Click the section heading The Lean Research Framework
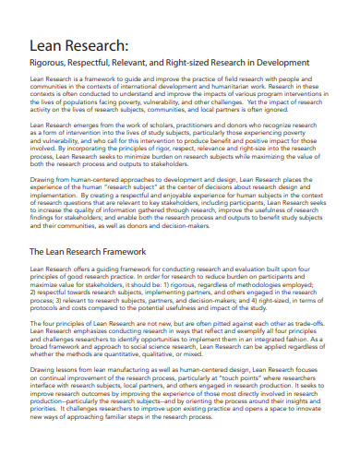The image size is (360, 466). click(89, 250)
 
